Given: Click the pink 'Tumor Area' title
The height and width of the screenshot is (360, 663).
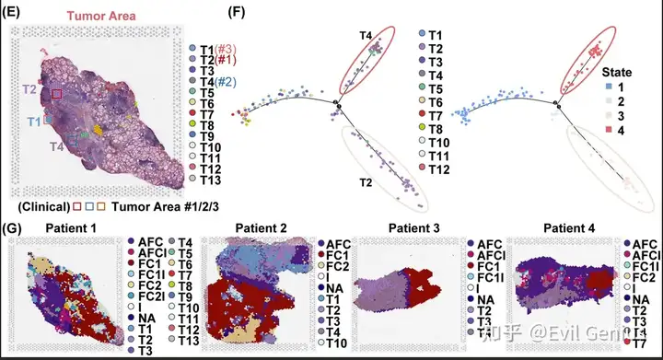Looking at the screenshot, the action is pos(101,16).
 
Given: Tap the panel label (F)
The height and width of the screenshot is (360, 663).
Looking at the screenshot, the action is pos(237,12).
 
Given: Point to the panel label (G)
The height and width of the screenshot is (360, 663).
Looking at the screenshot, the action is pos(11,228).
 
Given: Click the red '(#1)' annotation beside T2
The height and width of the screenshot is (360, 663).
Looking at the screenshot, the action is pos(225,60).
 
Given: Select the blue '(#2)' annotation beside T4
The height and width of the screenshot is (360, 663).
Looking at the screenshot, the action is pos(225,82).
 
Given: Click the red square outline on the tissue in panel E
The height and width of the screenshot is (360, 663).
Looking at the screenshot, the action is pos(57,94).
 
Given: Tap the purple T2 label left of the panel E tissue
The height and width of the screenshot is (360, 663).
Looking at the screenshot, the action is pos(29,89).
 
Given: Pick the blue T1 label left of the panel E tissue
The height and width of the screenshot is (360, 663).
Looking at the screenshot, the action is pos(34,122).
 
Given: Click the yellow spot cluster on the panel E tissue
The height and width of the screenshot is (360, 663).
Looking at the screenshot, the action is pos(98,130).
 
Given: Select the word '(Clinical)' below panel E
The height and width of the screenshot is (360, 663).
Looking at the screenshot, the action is pos(44,206).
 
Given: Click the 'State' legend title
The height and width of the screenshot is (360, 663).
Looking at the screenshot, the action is pos(617,72).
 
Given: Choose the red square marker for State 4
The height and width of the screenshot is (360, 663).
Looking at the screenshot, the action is pos(609,130).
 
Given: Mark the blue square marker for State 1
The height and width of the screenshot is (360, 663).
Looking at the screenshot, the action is pos(609,87).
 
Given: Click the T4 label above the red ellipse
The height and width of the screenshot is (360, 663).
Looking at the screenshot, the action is pos(366,36).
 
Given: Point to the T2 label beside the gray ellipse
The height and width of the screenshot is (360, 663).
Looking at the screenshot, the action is pos(366,182).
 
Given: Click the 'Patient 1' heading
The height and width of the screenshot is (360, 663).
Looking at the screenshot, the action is pos(71,228).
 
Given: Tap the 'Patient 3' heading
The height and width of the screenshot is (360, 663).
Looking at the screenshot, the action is pos(414,228).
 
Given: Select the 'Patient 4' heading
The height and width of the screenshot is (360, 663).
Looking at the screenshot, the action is pos(569,228).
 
